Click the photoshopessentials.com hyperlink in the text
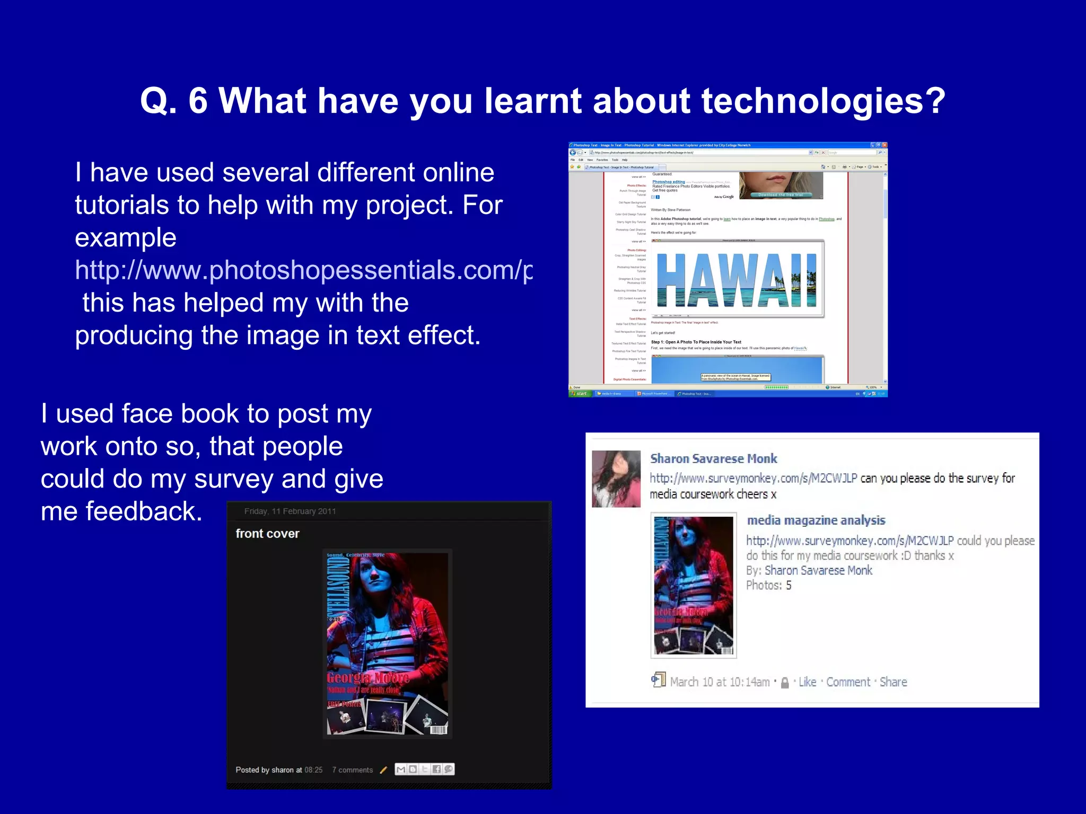(x=303, y=270)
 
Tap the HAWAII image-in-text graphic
(x=737, y=280)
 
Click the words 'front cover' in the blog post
(x=267, y=534)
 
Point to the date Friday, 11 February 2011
(x=290, y=511)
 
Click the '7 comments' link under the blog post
(x=352, y=770)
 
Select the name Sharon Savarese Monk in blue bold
(x=713, y=459)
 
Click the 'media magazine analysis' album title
(x=816, y=520)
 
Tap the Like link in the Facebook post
(x=807, y=682)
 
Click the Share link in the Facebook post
(x=893, y=682)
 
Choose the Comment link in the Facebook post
(x=848, y=682)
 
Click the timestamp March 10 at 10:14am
(x=720, y=682)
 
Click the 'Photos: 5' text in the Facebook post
(x=768, y=586)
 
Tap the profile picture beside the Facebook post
(x=616, y=479)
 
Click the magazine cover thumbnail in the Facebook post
(x=693, y=585)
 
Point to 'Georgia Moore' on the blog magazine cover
(x=367, y=678)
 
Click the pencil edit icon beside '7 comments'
(x=383, y=770)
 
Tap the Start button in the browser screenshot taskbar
(x=580, y=394)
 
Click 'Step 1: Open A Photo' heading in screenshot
(x=696, y=342)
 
